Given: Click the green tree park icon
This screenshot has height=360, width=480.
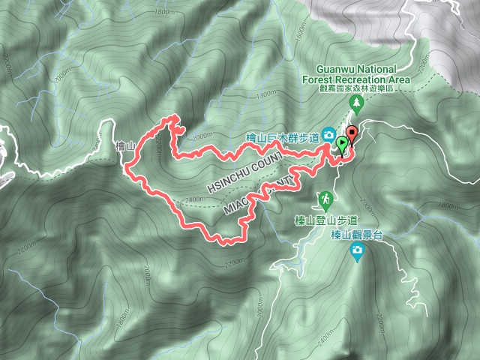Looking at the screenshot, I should [x=358, y=101].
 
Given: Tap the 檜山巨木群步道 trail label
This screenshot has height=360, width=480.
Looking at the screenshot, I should [x=283, y=138].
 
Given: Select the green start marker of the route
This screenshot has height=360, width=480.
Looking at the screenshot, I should [x=343, y=145].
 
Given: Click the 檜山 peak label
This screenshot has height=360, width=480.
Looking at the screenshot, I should [x=124, y=147].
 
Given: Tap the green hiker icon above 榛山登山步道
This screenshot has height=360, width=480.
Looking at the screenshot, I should [x=325, y=200].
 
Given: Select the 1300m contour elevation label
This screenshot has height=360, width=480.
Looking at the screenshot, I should [x=265, y=96].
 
